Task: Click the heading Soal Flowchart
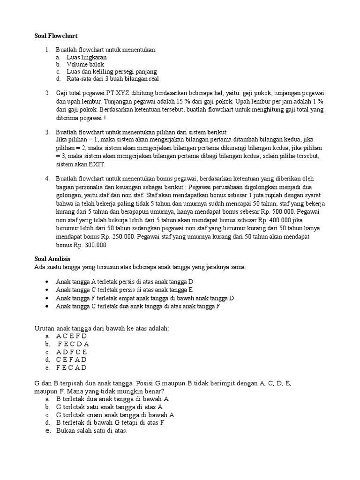pyautogui.click(x=56, y=36)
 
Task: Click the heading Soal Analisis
pyautogui.click(x=53, y=259)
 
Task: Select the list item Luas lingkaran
pyautogui.click(x=86, y=57)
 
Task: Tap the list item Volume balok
pyautogui.click(x=85, y=64)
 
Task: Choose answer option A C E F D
pyautogui.click(x=71, y=336)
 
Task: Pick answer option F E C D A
pyautogui.click(x=73, y=344)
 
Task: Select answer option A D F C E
pyautogui.click(x=71, y=352)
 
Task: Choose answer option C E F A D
pyautogui.click(x=71, y=360)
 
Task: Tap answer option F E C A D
pyautogui.click(x=71, y=367)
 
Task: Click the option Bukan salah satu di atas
pyautogui.click(x=91, y=430)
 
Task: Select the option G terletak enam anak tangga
pyautogui.click(x=115, y=414)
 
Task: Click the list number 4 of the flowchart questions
pyautogui.click(x=47, y=179)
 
